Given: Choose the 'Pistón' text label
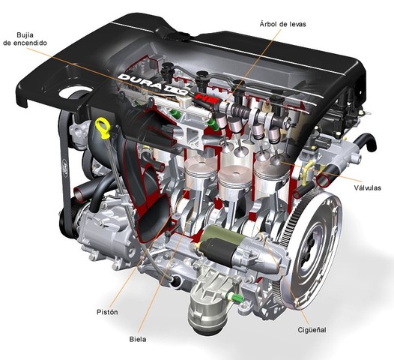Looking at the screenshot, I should [x=108, y=311].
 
